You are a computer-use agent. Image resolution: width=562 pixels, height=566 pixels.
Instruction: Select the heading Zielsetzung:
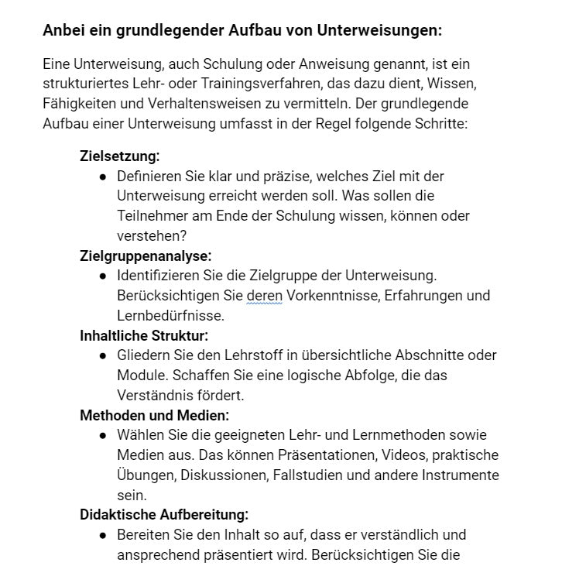[x=120, y=156]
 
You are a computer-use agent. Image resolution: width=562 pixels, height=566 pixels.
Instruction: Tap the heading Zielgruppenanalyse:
[x=146, y=256]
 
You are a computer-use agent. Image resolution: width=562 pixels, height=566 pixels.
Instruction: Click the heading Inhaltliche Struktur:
[x=144, y=335]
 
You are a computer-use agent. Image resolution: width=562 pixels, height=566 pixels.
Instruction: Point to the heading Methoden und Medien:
[x=154, y=415]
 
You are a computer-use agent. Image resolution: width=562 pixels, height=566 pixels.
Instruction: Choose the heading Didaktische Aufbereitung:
[x=164, y=514]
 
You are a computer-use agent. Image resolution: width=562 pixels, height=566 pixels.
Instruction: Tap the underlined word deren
[x=264, y=296]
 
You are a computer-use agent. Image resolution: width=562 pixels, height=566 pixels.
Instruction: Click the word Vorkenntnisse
[x=326, y=296]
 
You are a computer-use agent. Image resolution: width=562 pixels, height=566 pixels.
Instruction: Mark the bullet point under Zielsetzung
[x=103, y=177]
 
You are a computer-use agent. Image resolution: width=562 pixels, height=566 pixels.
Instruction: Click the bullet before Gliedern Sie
[x=103, y=355]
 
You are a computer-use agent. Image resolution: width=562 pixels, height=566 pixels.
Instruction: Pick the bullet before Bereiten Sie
[x=103, y=535]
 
